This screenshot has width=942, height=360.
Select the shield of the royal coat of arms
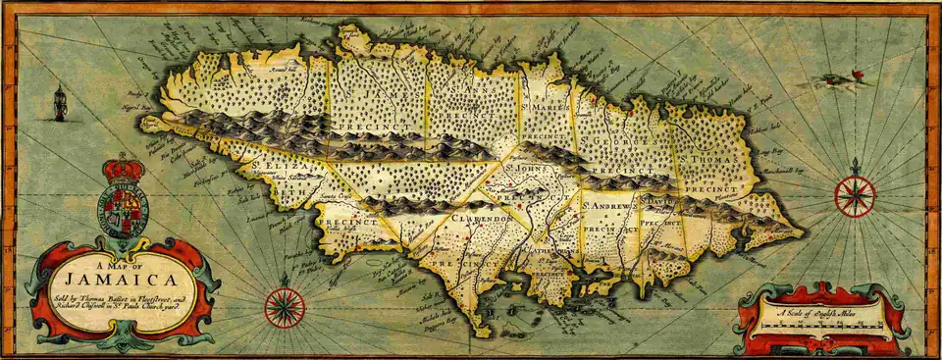[x=123, y=208]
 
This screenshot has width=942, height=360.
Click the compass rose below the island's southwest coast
[x=285, y=307]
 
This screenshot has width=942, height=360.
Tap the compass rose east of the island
[x=855, y=195]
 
